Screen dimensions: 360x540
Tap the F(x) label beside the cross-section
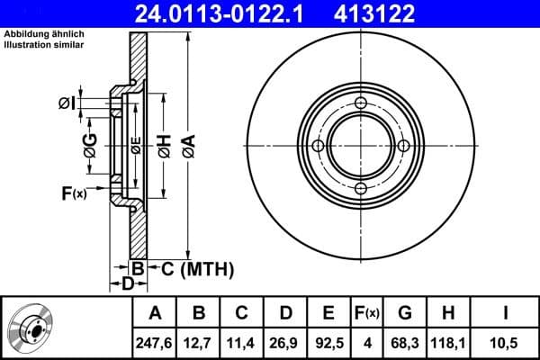coord(73,193)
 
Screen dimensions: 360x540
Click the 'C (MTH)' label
coord(197,268)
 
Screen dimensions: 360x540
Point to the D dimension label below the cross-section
coord(128,284)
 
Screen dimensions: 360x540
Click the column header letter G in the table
coord(405,313)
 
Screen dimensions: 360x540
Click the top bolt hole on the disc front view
coord(360,105)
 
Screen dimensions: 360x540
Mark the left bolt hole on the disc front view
coord(318,147)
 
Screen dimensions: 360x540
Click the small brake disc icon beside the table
coord(29,328)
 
